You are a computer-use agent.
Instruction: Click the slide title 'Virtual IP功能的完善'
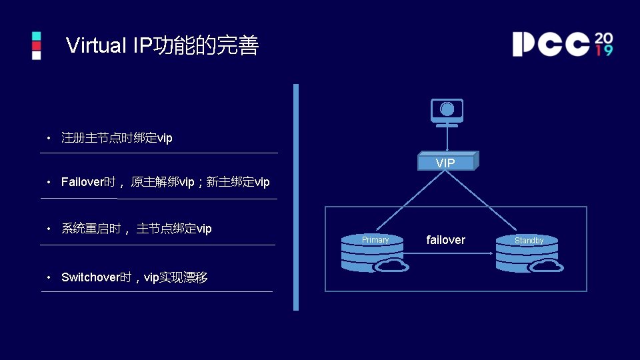coord(162,46)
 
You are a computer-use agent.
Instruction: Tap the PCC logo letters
coord(551,44)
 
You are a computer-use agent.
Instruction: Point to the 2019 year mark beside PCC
coord(603,44)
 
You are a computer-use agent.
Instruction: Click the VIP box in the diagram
coord(446,163)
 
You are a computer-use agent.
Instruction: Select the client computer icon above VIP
coord(447,111)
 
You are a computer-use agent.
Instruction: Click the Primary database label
coord(375,240)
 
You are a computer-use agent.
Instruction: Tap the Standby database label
coord(529,241)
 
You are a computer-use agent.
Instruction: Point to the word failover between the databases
coord(445,240)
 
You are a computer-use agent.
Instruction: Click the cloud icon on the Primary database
coord(391,265)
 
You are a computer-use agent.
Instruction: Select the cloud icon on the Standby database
coord(547,265)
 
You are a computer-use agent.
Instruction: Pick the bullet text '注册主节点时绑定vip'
coord(117,138)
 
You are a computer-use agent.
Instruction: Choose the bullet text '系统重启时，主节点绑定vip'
coord(136,229)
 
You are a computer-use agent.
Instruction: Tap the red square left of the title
coord(37,45)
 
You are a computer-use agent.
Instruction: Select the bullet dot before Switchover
coord(49,277)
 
